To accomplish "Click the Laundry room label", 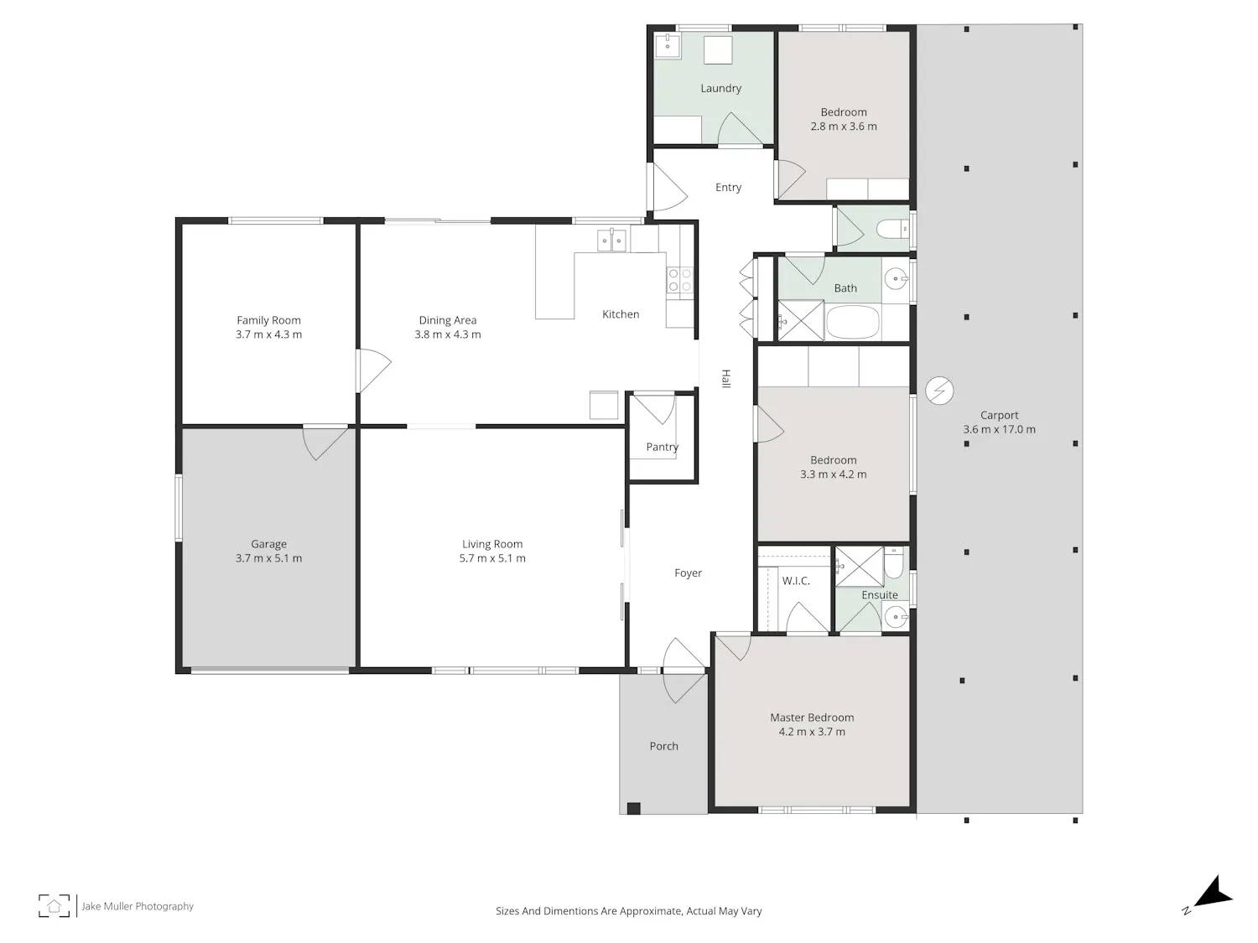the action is click(720, 88).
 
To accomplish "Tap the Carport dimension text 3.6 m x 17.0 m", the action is click(999, 429).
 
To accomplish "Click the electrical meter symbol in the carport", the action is click(939, 391).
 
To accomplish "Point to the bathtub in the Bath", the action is click(852, 322).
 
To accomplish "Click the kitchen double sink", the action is click(611, 241).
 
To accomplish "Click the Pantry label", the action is click(662, 447).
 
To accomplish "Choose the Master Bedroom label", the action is click(812, 718).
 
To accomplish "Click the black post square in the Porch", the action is click(633, 808).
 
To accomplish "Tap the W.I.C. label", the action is click(796, 581).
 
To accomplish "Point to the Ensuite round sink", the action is click(895, 617).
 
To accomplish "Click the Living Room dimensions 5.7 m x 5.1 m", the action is click(491, 558).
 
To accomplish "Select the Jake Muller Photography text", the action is click(138, 906).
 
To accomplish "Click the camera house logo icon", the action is click(54, 906).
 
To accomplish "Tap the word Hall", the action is click(725, 379).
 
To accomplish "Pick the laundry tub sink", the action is click(668, 45).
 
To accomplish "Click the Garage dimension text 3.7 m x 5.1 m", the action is click(268, 558).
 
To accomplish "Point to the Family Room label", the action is click(268, 320).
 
